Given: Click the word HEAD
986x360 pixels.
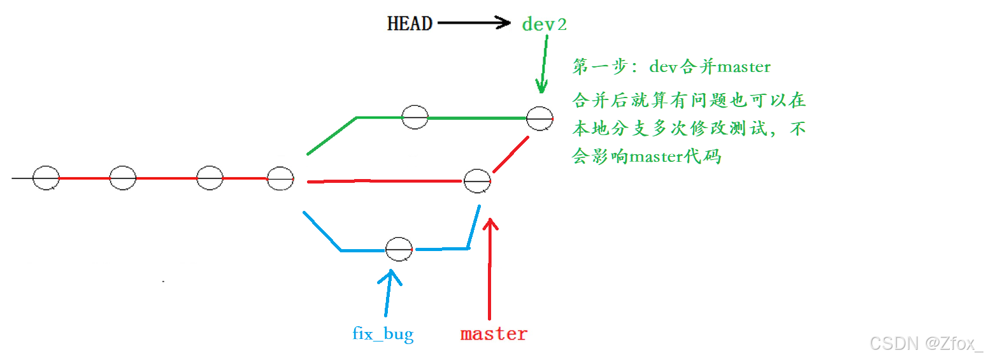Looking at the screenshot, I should coord(410,24).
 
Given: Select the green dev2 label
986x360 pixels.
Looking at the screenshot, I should coord(544,25).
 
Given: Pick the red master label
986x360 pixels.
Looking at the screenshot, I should coord(494,334).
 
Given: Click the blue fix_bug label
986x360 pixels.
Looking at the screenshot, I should coord(383,333).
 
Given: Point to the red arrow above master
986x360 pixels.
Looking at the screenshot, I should coord(489,268).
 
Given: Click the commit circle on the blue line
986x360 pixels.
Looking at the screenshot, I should coord(399,248).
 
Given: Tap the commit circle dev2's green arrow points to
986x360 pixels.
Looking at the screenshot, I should coord(539,119).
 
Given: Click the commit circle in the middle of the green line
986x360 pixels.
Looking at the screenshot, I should coord(415,117).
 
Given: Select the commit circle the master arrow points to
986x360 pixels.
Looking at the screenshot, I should coord(477,182).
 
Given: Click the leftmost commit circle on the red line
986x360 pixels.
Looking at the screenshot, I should coord(46,178).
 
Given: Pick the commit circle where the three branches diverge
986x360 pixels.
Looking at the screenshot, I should coord(280,178).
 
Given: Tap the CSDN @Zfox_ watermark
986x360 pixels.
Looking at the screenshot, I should coord(926,343).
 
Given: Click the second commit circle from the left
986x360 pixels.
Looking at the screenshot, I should coord(123,178).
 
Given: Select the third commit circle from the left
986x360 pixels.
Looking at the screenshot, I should coord(210,178).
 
